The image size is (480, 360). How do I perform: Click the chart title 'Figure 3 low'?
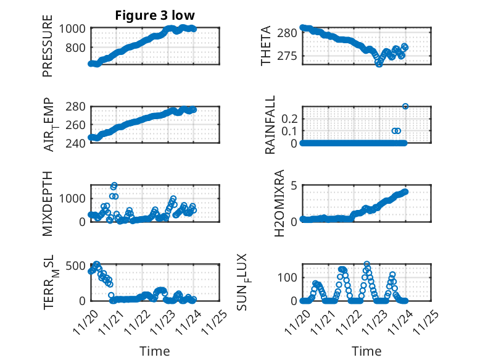(x=154, y=16)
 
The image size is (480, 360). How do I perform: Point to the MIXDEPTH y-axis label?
(x=48, y=203)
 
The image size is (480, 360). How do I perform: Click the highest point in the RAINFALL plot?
(x=405, y=106)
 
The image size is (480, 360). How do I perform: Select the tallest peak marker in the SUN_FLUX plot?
(x=367, y=264)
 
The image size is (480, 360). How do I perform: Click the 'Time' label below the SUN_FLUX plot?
(x=366, y=351)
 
